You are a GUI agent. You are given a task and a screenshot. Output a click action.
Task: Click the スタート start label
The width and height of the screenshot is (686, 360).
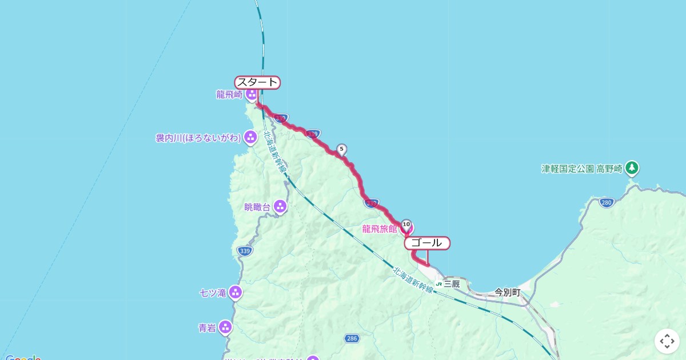coord(257,82)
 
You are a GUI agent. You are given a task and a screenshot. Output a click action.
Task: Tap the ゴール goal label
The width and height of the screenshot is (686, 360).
coord(427,243)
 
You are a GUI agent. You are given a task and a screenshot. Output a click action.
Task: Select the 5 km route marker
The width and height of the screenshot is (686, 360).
coord(342,150)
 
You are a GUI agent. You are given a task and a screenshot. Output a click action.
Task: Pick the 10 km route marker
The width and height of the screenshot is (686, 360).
coord(406,225)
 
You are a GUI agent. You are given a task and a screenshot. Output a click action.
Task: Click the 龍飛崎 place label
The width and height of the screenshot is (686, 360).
coord(229,95)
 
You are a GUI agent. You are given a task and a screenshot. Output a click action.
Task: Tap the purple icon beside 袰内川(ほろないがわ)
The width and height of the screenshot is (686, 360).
coord(250,137)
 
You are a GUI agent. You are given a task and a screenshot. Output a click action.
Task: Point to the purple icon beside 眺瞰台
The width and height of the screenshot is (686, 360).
coord(280,207)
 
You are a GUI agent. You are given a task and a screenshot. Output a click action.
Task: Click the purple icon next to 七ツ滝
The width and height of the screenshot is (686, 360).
coord(235,293)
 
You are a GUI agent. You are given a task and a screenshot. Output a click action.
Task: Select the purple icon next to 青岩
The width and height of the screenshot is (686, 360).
coord(225,327)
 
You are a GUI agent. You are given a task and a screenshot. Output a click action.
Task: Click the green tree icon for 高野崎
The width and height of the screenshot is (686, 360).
coord(632,168)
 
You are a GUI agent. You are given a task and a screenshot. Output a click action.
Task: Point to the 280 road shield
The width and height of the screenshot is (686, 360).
coord(607,202)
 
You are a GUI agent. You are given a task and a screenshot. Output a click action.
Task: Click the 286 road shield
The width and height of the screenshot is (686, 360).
coord(352,339)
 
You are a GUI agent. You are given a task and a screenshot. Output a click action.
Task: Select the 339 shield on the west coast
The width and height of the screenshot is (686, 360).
coord(245,251)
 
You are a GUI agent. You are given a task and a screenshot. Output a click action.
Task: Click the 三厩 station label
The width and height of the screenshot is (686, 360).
coord(451,283)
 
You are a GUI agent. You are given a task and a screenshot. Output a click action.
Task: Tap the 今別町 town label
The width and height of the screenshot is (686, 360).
coord(507,293)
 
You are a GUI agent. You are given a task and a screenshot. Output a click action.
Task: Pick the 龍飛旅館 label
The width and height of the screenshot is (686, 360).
coord(380,229)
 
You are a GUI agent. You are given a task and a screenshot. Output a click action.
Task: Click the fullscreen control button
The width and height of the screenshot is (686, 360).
coord(667,341)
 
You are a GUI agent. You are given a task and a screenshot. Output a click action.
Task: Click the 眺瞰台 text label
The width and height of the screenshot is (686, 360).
coord(257,207)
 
